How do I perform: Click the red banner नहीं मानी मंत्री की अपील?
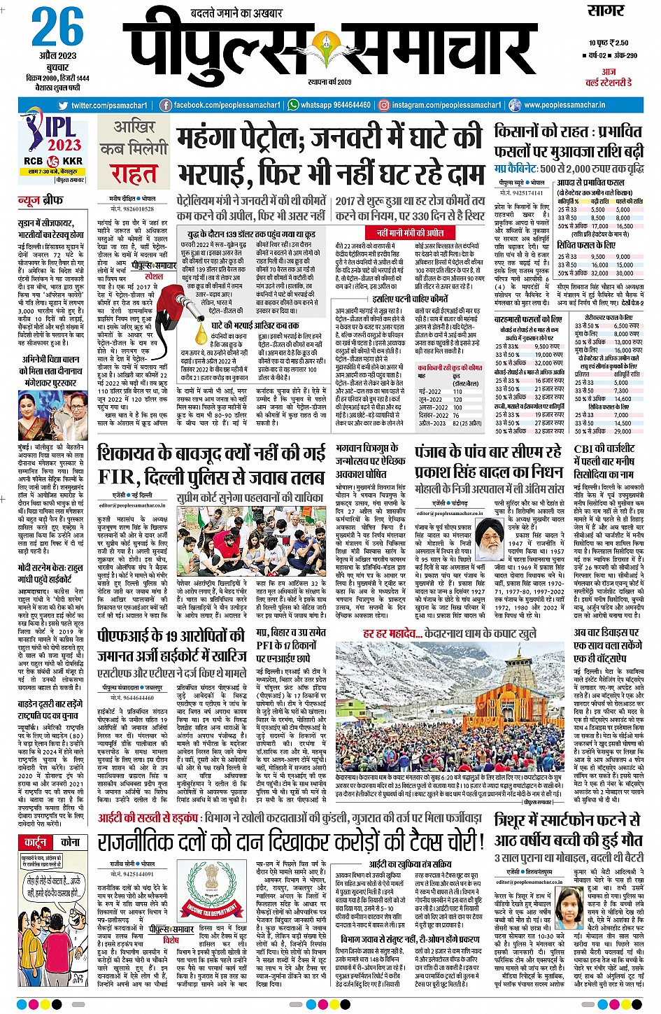(x=410, y=233)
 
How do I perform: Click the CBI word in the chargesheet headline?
(x=584, y=449)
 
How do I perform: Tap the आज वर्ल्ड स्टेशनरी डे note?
(x=608, y=77)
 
